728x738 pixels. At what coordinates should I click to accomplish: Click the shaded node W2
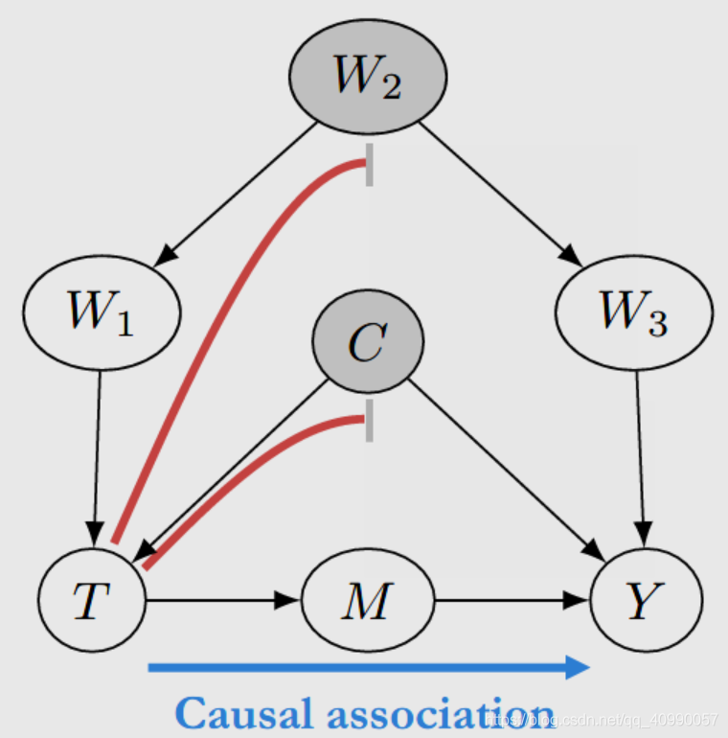(367, 76)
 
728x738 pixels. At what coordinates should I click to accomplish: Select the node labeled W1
(101, 311)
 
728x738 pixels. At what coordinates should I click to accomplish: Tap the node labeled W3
(633, 311)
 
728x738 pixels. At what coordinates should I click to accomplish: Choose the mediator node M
(368, 601)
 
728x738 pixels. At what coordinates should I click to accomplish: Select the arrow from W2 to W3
(498, 192)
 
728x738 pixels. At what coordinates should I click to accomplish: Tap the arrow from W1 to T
(98, 450)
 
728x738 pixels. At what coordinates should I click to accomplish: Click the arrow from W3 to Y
(640, 450)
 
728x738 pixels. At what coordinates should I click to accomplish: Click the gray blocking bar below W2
(369, 165)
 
